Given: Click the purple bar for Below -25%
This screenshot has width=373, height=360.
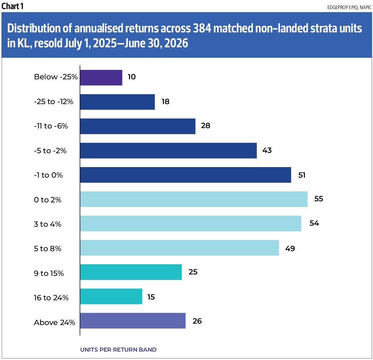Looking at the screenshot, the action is pos(101,78).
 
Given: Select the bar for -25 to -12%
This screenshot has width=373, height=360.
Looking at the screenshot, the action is pos(118,102).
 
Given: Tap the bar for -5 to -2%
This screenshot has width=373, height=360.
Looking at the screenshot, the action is pos(168,150).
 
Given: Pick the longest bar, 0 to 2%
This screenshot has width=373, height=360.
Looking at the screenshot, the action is pos(194,199).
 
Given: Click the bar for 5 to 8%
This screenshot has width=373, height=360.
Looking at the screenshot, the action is pos(180,248).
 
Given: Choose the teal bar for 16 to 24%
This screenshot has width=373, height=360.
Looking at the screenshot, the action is pos(111,296).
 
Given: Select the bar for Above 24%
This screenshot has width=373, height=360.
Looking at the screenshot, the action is pos(133,321).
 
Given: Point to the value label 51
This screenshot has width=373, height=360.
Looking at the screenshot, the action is pos(302,175).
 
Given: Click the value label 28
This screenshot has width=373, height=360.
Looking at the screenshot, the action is pos(205,126).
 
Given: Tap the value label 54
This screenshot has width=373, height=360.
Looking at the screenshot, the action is pos(314,223).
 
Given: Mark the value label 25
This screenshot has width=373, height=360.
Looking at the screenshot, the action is pos(193,272).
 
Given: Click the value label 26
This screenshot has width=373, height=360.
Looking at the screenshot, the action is pos(197,321).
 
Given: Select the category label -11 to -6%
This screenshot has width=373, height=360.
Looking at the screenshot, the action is pos(51,126).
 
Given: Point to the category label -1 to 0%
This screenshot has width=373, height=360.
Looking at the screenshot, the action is pos(48,175).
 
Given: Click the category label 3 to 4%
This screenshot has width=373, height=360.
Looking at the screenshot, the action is pos(48,224).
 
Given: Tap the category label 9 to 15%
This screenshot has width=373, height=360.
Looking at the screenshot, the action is pos(49,273).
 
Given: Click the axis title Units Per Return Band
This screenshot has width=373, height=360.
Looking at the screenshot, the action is pos(118,349).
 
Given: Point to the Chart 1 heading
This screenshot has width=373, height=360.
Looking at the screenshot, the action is pos(12,6).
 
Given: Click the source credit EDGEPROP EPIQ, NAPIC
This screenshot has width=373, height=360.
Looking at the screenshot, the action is pos(349,7).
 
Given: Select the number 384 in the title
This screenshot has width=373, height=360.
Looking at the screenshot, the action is pos(202,28).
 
